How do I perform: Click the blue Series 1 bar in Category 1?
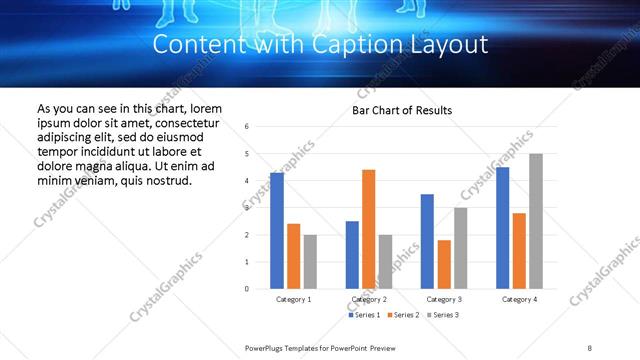coord(277,231)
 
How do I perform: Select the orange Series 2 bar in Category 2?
coord(368,229)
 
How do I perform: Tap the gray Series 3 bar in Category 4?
coord(536,221)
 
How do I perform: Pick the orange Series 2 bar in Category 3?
coord(444,264)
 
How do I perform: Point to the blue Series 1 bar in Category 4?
coord(502,228)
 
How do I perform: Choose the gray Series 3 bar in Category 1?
coord(310,262)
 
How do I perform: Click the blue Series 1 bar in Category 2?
coord(352,255)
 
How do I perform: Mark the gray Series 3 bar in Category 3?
coord(460,248)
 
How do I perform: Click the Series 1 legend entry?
coord(364,315)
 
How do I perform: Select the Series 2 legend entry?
coord(404,315)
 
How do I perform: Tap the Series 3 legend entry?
coord(444,315)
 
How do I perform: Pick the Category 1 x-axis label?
coord(294,299)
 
